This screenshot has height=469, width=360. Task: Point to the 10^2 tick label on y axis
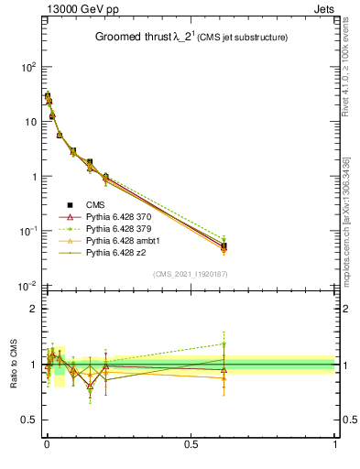pyautogui.click(x=27, y=68)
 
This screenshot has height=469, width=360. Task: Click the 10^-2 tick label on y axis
pyautogui.click(x=27, y=287)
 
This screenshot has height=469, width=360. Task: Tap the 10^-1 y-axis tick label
pyautogui.click(x=27, y=232)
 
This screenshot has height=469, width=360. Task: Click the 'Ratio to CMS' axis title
pyautogui.click(x=15, y=364)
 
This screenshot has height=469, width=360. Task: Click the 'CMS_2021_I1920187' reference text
pyautogui.click(x=190, y=274)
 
